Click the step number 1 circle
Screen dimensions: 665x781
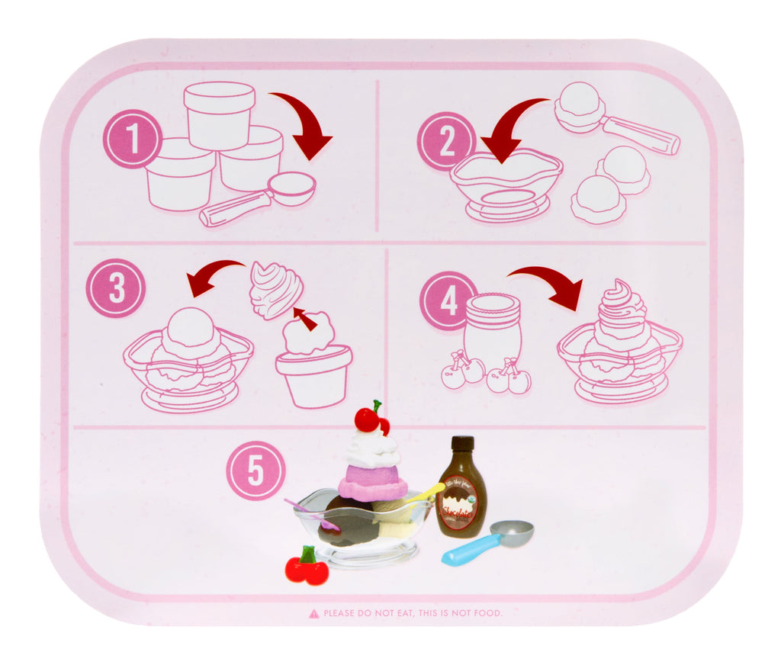(133, 139)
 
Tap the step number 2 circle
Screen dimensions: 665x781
(447, 141)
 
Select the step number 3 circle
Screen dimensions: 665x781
(115, 288)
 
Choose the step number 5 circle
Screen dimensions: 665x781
(256, 471)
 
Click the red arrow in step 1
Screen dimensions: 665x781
(304, 124)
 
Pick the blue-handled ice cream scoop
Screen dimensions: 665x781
(488, 542)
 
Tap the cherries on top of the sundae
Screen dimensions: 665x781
(371, 418)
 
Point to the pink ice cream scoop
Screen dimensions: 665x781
(373, 482)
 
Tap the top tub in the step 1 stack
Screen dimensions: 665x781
(219, 114)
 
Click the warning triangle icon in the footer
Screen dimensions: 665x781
(313, 613)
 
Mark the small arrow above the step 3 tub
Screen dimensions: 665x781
(306, 319)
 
